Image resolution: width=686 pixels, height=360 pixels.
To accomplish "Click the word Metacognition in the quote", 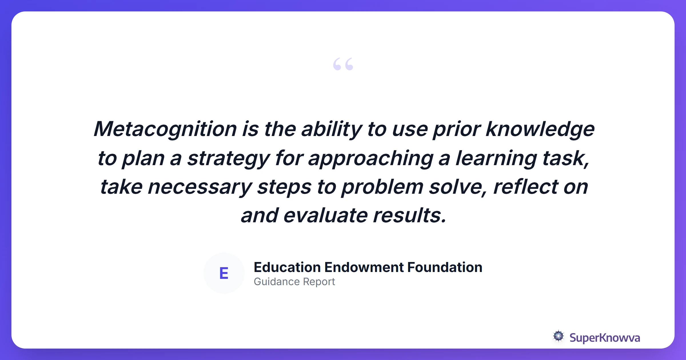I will (x=165, y=129).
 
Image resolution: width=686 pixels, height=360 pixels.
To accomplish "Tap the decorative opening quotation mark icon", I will (x=343, y=64).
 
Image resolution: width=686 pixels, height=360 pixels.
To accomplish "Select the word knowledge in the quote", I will (x=540, y=129).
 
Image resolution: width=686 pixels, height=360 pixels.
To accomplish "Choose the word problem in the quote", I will (x=382, y=187).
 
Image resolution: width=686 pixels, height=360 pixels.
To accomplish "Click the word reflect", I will (x=525, y=187).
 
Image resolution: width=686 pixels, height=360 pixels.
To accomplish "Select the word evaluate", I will (x=325, y=216).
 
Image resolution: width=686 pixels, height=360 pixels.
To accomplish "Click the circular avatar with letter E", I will (x=224, y=273).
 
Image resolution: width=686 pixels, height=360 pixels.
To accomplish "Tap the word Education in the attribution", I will (x=287, y=267).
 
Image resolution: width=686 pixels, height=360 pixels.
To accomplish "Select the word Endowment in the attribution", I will (x=364, y=267).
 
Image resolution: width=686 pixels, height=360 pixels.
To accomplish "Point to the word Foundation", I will (x=445, y=267).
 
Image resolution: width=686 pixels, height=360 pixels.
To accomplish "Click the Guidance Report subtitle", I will (x=294, y=282).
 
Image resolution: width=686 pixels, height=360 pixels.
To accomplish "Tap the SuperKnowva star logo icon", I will (x=558, y=336).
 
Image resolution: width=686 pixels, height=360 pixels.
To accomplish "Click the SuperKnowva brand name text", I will (x=605, y=338).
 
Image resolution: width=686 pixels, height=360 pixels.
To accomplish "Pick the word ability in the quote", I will (x=332, y=129).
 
